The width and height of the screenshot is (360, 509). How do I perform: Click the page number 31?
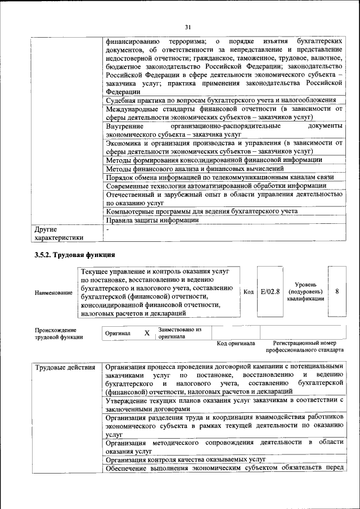pos(188,26)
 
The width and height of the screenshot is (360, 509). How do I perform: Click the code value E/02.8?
pos(270,291)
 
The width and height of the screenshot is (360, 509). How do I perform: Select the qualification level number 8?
pos(336,291)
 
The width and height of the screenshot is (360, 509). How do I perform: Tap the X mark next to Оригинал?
pos(147,333)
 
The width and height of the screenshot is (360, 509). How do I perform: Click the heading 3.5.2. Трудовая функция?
pos(75,255)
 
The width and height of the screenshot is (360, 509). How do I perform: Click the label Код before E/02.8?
pos(249,291)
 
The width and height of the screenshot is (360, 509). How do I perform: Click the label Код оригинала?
pos(236,343)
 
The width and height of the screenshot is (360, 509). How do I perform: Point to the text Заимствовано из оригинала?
pos(180,332)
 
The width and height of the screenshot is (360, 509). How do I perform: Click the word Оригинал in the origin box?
pos(118,334)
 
